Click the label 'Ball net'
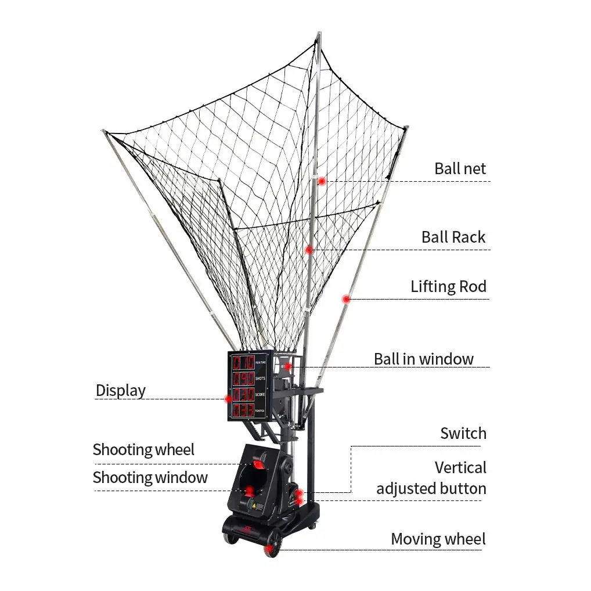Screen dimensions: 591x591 [x=460, y=168]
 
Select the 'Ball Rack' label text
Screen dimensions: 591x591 [x=453, y=237]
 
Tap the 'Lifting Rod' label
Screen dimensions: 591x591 [x=448, y=286]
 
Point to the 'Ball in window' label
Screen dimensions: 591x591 [x=423, y=359]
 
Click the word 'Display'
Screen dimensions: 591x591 [x=120, y=390]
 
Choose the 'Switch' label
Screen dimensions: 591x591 [x=463, y=433]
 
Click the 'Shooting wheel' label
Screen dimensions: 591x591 [x=143, y=449]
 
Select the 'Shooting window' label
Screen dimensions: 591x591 [x=150, y=477]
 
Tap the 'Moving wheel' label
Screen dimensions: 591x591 [x=438, y=539]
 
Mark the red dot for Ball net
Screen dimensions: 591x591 [x=322, y=181]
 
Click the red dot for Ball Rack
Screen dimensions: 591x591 [x=309, y=250]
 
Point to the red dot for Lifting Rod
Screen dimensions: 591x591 [x=346, y=300]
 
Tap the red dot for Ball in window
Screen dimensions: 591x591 [x=287, y=366]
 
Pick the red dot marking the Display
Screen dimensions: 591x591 [x=229, y=399]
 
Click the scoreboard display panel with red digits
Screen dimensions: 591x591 [x=248, y=386]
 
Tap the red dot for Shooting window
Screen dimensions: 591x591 [x=250, y=491]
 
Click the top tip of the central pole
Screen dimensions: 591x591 [x=318, y=34]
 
